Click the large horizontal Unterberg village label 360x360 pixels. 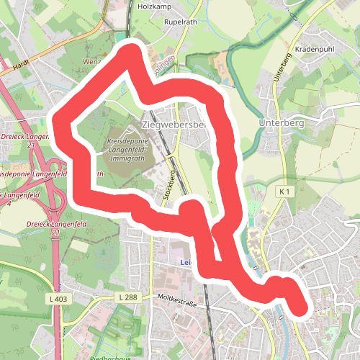pyautogui.click(x=281, y=123)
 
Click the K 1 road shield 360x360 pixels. pyautogui.click(x=285, y=191)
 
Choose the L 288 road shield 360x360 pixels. pyautogui.click(x=126, y=297)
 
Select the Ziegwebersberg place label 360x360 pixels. pyautogui.click(x=175, y=125)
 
